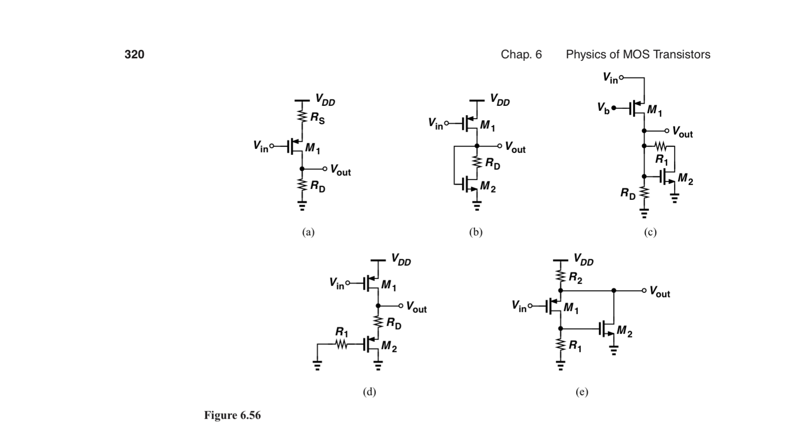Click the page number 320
point(134,54)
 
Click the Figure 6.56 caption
point(232,415)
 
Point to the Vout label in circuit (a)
point(340,171)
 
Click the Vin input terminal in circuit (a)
point(271,146)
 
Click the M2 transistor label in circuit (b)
point(488,187)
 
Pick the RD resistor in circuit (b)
point(477,162)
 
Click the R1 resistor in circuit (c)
point(661,146)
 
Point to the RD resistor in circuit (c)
point(643,192)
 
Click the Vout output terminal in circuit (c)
point(667,131)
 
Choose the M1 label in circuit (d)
point(389,285)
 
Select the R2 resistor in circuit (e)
point(561,277)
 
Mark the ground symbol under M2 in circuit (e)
point(614,352)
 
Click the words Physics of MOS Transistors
point(637,54)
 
